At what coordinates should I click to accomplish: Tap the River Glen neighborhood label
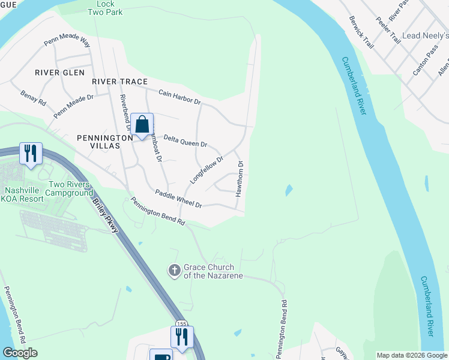56,73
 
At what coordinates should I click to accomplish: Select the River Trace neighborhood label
119,81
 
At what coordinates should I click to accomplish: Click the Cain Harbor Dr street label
179,97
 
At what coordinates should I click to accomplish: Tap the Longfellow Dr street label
206,170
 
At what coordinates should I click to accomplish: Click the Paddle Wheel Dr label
178,199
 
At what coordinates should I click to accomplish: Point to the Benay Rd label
32,98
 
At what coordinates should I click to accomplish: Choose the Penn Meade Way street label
67,43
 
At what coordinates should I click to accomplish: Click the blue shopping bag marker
142,125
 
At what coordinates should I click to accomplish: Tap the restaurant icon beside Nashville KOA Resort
30,154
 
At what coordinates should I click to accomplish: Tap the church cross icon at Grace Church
174,271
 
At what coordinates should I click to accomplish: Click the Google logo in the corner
20,353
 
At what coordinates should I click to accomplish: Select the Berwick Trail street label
361,29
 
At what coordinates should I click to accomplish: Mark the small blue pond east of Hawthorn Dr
289,191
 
